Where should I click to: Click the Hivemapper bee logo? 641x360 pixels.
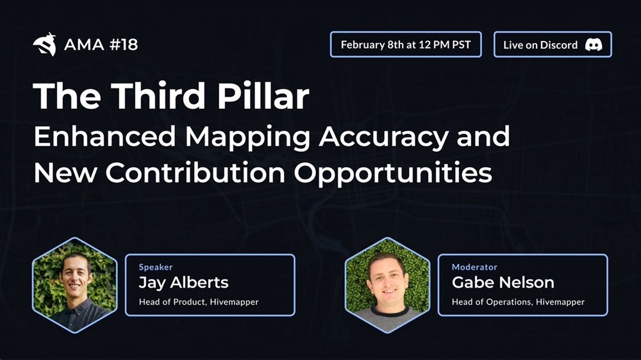pos(45,44)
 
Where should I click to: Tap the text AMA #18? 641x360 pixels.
pos(101,45)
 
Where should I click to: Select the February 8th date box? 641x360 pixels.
pos(406,44)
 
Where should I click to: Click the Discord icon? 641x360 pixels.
pos(593,45)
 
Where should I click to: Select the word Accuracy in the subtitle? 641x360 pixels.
pos(384,138)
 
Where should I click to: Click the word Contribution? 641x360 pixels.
pos(196,172)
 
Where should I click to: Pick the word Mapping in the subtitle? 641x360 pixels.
pos(247,138)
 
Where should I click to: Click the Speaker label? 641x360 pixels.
pos(156,267)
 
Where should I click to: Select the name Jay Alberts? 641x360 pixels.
pos(183,282)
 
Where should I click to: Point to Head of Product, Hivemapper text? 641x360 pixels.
pos(199,302)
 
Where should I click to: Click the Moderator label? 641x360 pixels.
pos(474,267)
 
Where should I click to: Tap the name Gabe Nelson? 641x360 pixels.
pos(503,282)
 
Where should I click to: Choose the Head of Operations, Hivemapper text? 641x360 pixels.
pos(518,302)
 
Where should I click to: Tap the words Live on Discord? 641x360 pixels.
pos(540,45)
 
